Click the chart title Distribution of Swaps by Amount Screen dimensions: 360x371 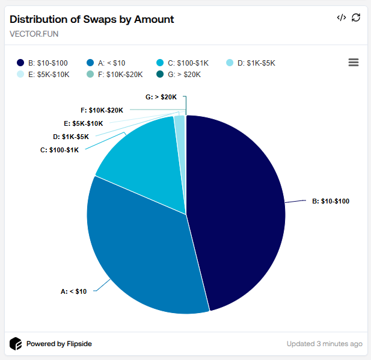[x=92, y=19]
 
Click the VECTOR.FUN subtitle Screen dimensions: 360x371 [x=34, y=34]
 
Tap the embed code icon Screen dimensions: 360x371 [x=342, y=17]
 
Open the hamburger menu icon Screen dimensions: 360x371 [x=354, y=63]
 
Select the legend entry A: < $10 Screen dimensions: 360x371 [x=110, y=63]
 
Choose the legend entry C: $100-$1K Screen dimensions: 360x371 [x=184, y=63]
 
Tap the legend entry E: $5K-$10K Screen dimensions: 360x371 [x=45, y=75]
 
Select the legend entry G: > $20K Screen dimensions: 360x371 [x=179, y=75]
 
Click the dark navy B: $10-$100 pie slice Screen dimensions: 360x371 [x=241, y=205]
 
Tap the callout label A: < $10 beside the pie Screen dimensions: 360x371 [x=73, y=291]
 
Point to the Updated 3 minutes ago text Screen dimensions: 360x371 [x=324, y=344]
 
